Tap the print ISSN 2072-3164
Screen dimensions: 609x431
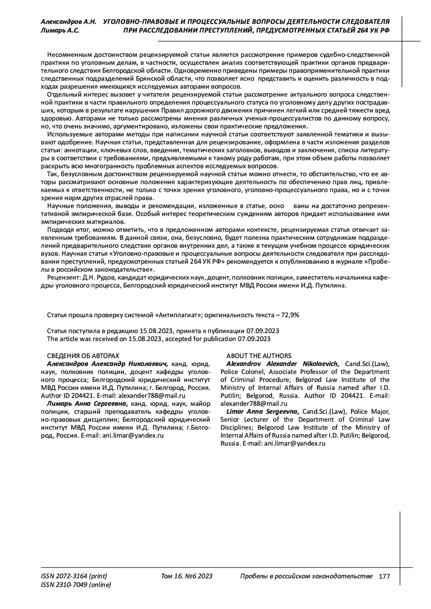coord(74,576)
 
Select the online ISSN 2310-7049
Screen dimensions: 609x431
coord(76,585)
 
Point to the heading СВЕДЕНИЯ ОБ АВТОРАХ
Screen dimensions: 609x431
coord(83,356)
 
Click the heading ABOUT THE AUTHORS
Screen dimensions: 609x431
coord(259,356)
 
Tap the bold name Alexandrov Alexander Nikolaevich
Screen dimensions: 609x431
coord(283,364)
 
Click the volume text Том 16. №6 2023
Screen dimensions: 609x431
coord(187,576)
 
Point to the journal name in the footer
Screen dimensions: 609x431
coord(306,576)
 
